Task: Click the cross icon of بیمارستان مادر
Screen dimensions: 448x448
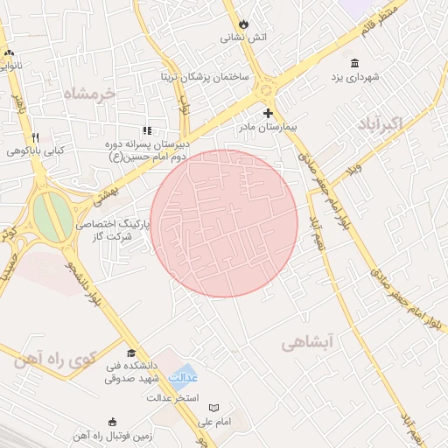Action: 268,113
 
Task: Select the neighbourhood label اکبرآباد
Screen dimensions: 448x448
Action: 379,123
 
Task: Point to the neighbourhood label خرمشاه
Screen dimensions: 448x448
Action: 89,93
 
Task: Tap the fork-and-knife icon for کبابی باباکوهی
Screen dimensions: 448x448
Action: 36,137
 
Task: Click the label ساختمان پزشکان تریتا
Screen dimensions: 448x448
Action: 205,77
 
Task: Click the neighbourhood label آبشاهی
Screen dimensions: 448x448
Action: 307,344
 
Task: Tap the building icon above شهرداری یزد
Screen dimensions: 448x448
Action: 354,63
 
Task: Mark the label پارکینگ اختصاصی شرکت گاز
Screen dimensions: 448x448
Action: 114,230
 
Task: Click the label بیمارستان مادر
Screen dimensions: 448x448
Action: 268,128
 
